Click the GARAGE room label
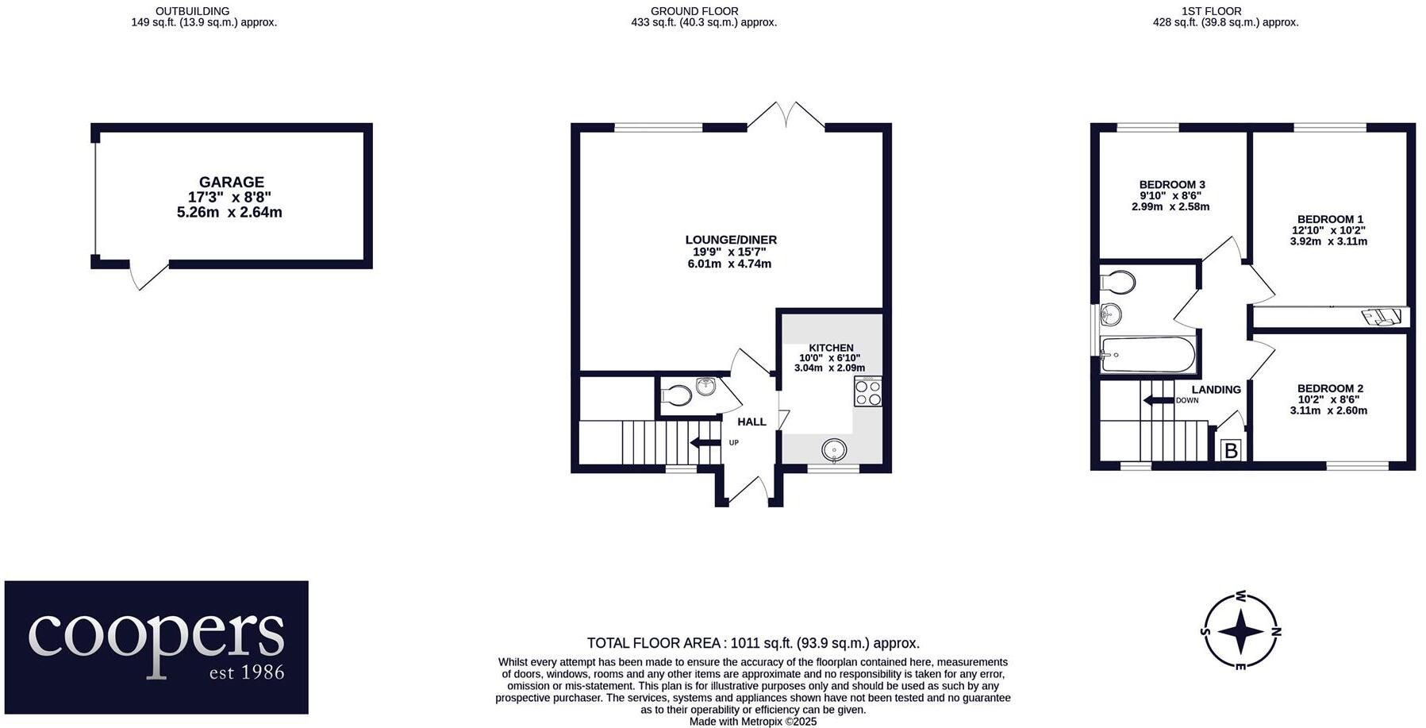[231, 183]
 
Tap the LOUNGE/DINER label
[730, 240]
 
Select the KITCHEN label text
[831, 348]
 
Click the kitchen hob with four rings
[867, 392]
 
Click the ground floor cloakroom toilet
[677, 395]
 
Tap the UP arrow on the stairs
[705, 442]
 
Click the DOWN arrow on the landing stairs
[1157, 400]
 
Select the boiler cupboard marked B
[1231, 451]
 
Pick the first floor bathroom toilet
[1118, 282]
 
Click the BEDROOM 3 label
[1171, 185]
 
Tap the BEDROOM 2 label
[1330, 389]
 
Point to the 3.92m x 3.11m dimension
[1328, 241]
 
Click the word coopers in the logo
[156, 635]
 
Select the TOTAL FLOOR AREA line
[752, 643]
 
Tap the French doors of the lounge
[786, 116]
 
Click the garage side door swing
[148, 275]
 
